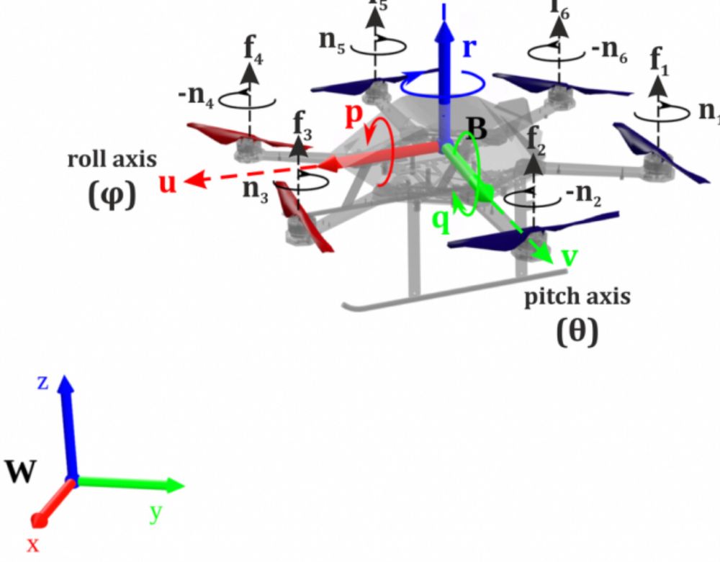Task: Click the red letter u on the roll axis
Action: pos(168,184)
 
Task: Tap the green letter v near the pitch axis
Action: pos(569,257)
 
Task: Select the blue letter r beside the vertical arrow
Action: pos(469,47)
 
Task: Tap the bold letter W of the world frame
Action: pos(21,473)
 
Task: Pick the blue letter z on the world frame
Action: pos(42,382)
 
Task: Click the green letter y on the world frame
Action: pos(155,513)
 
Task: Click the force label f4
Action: pos(253,49)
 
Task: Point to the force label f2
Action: pos(534,137)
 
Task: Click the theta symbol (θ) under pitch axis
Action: pos(577,332)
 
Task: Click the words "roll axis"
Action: pos(112,159)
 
